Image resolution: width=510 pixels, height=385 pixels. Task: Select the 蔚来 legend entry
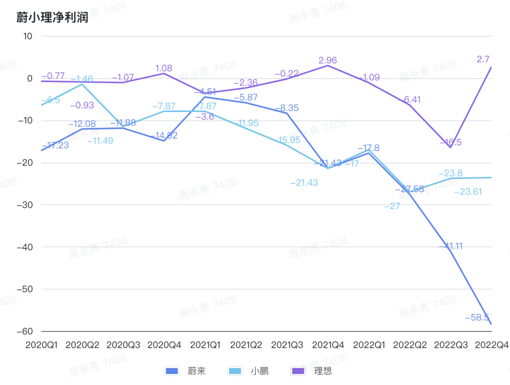pyautogui.click(x=185, y=371)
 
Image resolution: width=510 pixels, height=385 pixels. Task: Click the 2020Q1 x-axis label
pyautogui.click(x=41, y=345)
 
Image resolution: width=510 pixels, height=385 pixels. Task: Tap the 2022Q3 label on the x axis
pyautogui.click(x=450, y=345)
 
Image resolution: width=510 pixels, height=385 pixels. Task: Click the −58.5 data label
pyautogui.click(x=477, y=317)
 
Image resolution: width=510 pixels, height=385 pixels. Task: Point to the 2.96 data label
pyautogui.click(x=328, y=60)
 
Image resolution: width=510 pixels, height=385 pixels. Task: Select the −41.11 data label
pyautogui.click(x=451, y=246)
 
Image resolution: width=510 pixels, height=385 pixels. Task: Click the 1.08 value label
pyautogui.click(x=164, y=68)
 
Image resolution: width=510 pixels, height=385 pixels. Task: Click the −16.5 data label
pyautogui.click(x=450, y=142)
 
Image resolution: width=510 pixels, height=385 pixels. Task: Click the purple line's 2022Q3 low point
pyautogui.click(x=450, y=148)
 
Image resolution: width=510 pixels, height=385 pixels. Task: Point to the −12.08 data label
pyautogui.click(x=82, y=124)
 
